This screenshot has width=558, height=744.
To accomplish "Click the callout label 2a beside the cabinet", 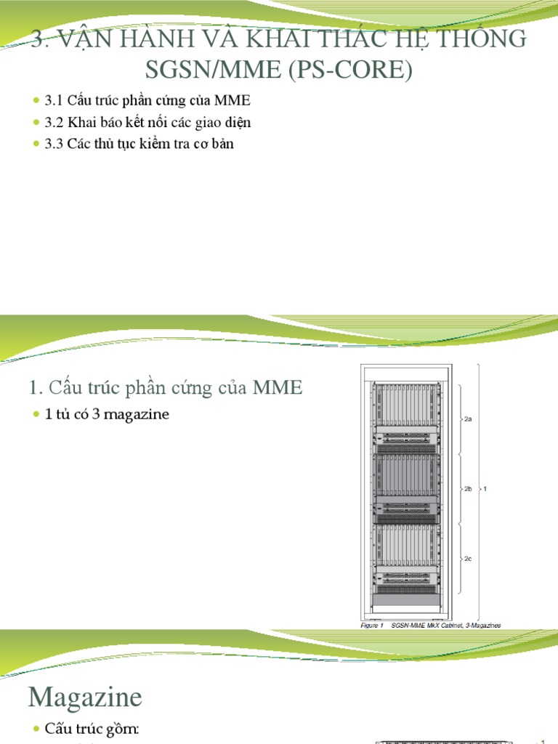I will [x=468, y=419].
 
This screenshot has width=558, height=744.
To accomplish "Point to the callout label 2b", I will [x=468, y=489].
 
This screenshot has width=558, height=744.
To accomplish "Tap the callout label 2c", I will [x=468, y=559].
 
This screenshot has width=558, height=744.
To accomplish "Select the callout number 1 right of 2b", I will [x=485, y=489].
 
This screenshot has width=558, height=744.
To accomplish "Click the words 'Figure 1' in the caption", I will [x=371, y=625].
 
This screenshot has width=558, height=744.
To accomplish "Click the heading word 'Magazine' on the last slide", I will [x=85, y=698].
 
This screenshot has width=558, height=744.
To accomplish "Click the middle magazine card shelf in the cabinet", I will [x=406, y=475].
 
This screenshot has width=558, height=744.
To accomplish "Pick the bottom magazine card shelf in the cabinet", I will [x=406, y=545].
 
